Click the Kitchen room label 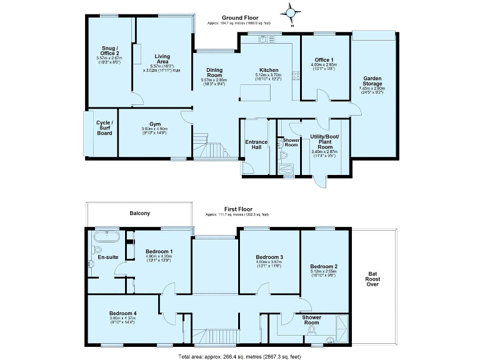(x=269, y=70)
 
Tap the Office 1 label (x=324, y=59)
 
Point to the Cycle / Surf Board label (x=104, y=127)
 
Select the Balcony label (x=139, y=214)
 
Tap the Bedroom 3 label (x=269, y=257)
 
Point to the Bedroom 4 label (x=122, y=313)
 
